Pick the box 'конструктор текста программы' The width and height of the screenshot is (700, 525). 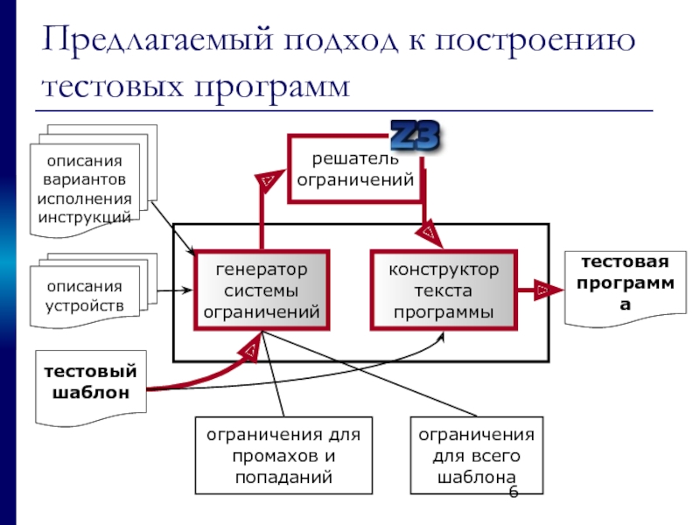pos(444,290)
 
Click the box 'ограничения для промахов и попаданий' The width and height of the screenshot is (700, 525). pos(283,456)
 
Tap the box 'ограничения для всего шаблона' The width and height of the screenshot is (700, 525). pos(475,456)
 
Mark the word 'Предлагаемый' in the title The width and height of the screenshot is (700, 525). pos(148,42)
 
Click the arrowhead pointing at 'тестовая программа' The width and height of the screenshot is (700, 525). pos(544,290)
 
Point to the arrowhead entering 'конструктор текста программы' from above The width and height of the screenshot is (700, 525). pos(429,233)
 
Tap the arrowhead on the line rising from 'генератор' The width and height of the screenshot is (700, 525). pos(262,182)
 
